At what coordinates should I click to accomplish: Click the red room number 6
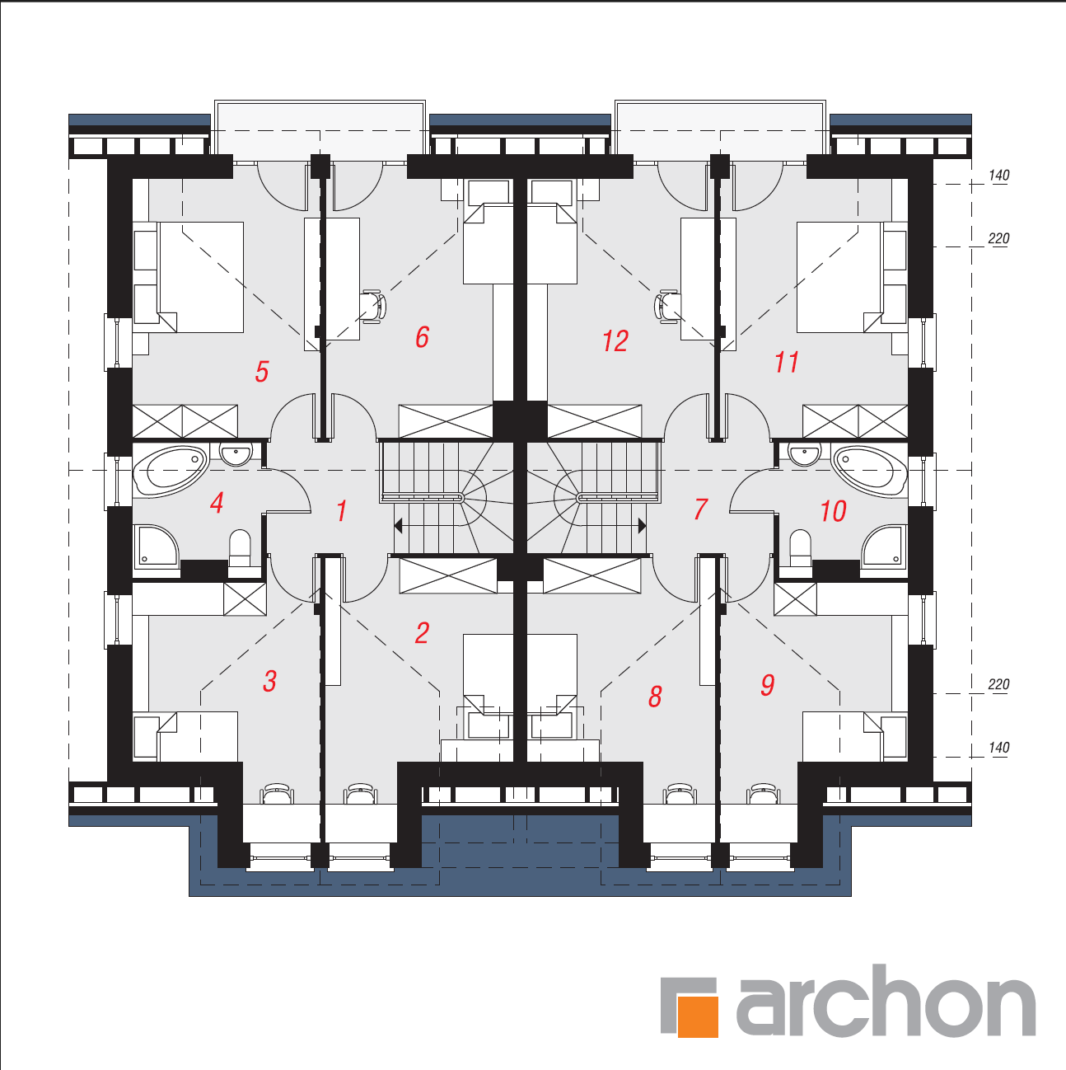pyautogui.click(x=423, y=337)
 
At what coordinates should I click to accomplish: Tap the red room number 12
pyautogui.click(x=615, y=340)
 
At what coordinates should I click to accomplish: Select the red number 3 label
pyautogui.click(x=269, y=681)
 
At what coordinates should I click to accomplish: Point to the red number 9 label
pyautogui.click(x=768, y=685)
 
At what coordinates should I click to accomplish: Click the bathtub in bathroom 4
pyautogui.click(x=171, y=470)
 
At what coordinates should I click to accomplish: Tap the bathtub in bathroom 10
pyautogui.click(x=870, y=470)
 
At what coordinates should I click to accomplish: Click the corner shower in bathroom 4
pyautogui.click(x=157, y=546)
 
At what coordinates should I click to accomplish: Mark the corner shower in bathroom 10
pyautogui.click(x=883, y=546)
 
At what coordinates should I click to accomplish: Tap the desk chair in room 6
pyautogui.click(x=373, y=307)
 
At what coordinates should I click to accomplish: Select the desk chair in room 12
pyautogui.click(x=667, y=307)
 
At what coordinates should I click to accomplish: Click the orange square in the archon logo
pyautogui.click(x=698, y=1016)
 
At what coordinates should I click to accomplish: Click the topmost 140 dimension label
pyautogui.click(x=998, y=176)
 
